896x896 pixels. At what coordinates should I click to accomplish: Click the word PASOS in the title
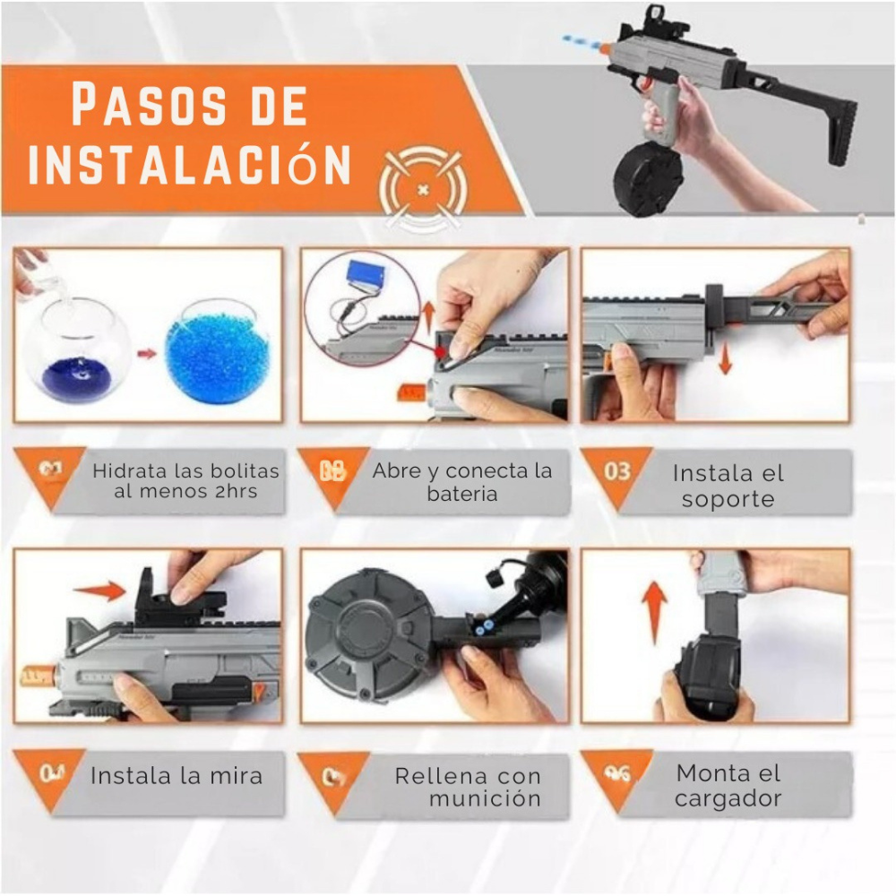(135, 106)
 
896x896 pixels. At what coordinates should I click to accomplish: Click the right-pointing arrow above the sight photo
(99, 590)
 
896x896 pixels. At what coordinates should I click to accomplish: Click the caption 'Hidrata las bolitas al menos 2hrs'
(185, 481)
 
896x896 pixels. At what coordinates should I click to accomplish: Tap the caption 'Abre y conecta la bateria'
(462, 482)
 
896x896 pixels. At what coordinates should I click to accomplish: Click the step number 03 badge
(617, 471)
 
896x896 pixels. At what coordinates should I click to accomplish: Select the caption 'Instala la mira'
(177, 776)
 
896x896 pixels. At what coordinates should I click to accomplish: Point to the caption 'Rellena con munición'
(468, 787)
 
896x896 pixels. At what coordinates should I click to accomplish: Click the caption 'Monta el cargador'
(728, 785)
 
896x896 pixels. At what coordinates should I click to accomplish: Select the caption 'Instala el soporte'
(728, 486)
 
